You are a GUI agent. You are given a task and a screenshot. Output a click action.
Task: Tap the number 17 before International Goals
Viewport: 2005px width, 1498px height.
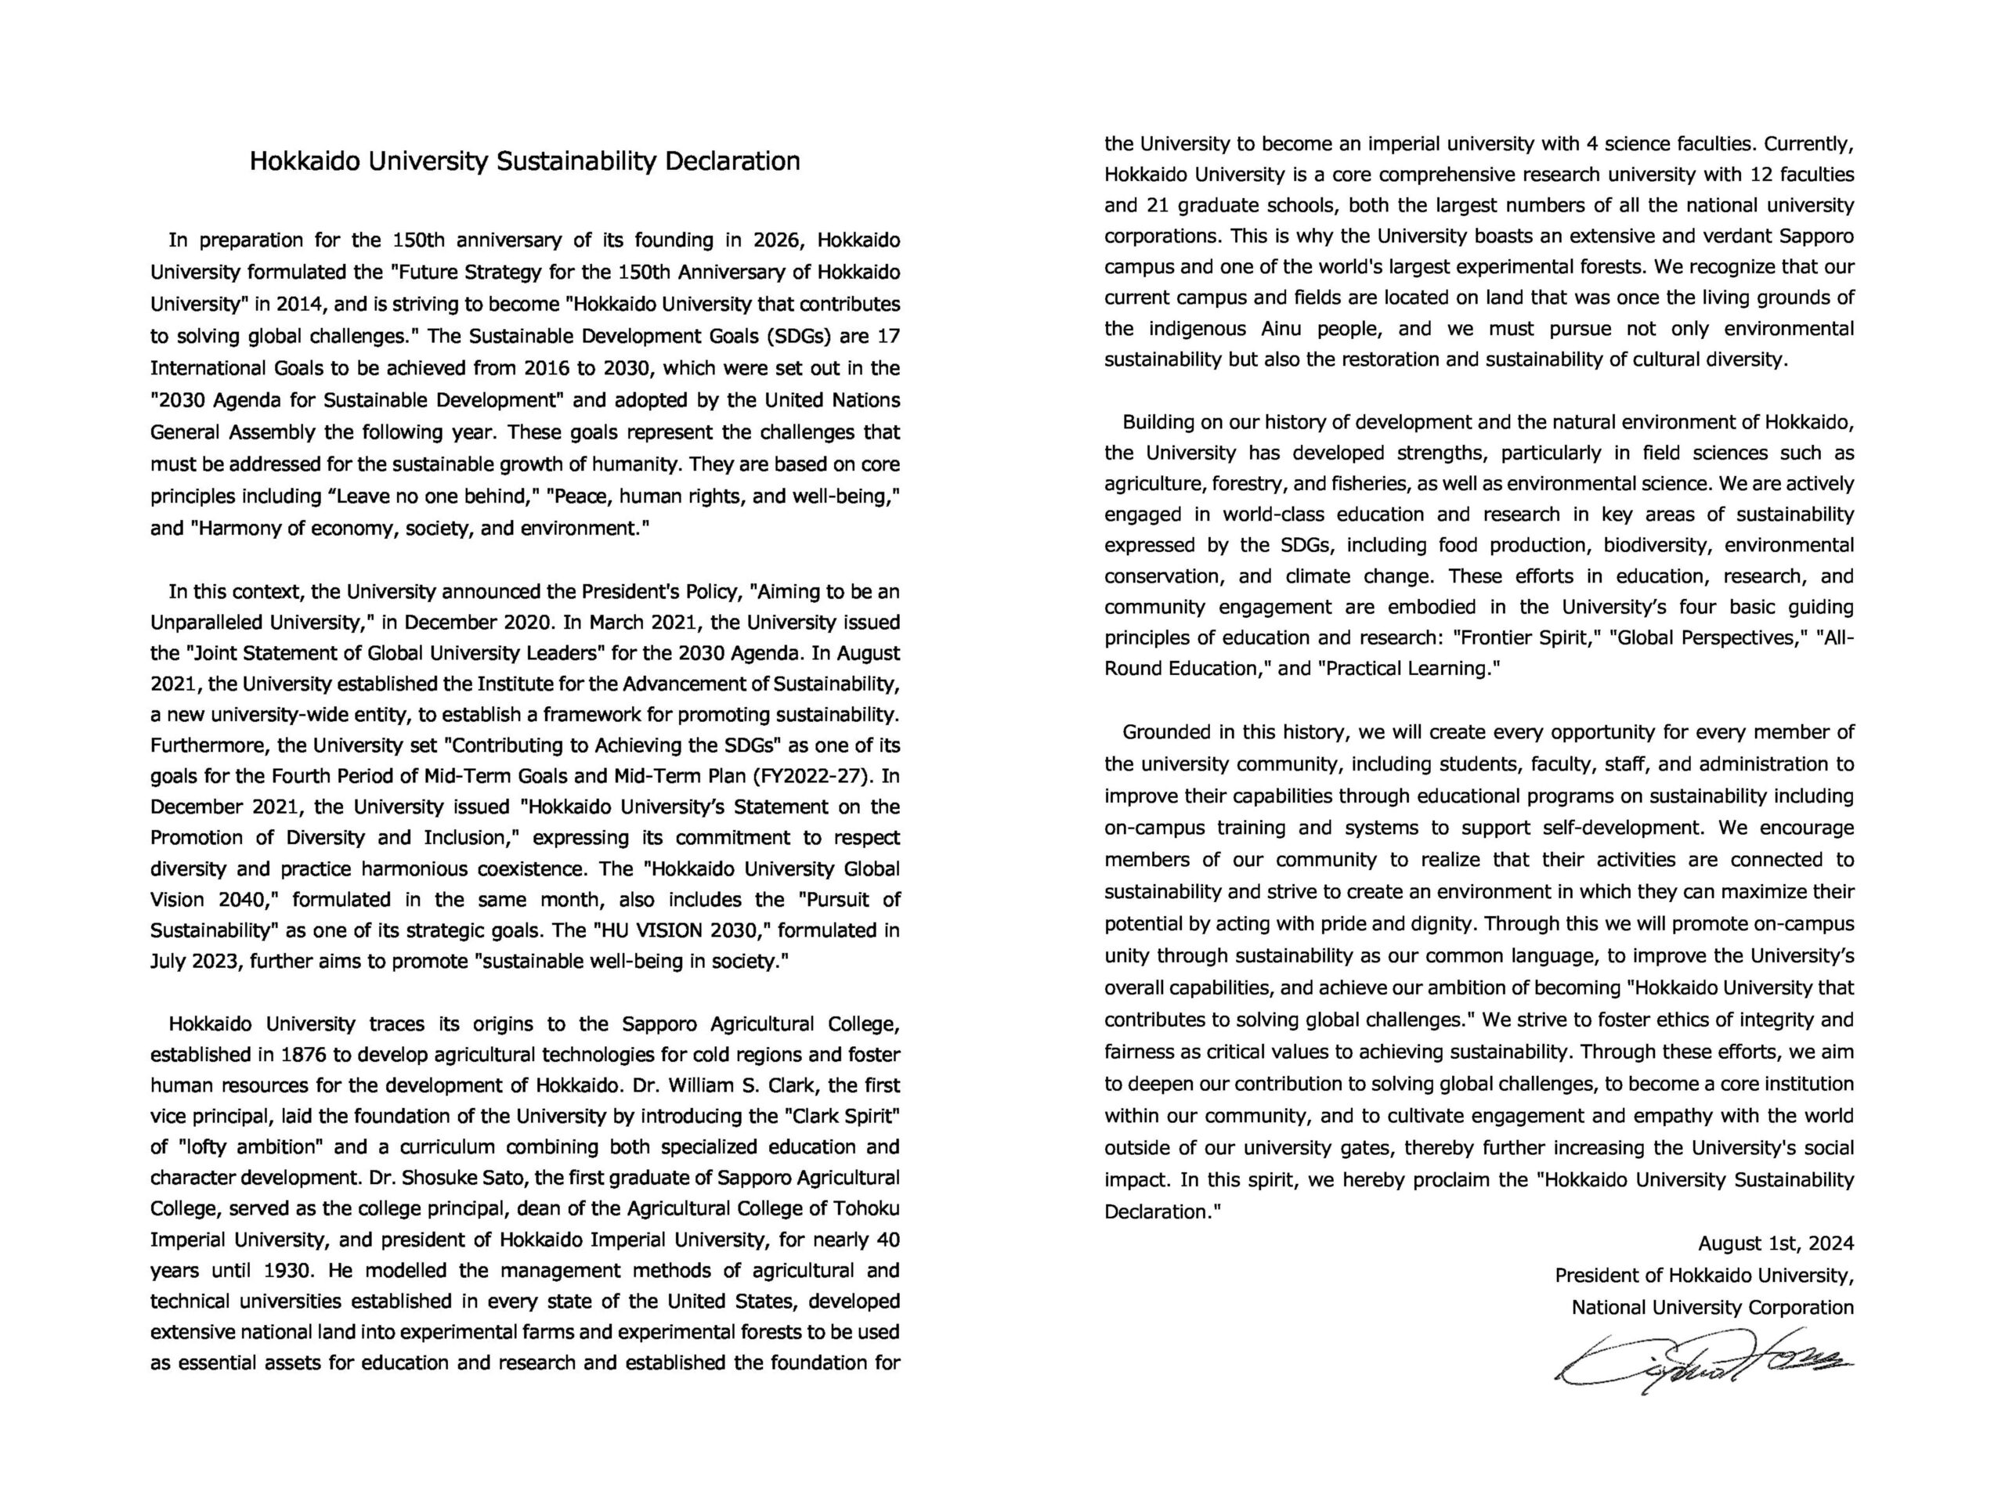point(889,336)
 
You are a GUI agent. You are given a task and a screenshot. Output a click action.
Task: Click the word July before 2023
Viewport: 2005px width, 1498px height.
point(167,962)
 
